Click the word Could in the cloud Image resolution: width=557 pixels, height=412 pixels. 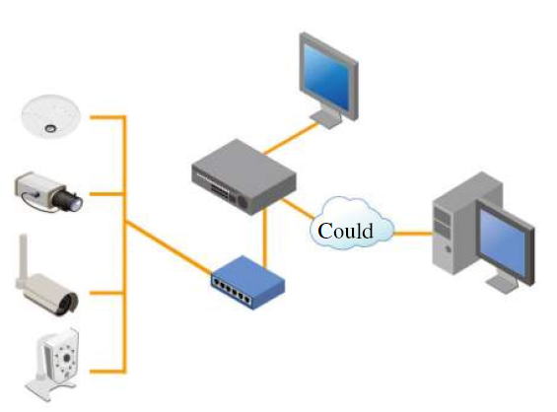click(x=345, y=231)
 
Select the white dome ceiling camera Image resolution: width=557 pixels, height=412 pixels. click(x=51, y=115)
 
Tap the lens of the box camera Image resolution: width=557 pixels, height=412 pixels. click(x=70, y=200)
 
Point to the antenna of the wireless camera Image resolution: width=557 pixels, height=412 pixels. click(x=23, y=259)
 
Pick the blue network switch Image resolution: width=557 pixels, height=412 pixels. click(x=248, y=282)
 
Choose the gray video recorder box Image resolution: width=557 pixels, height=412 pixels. click(x=244, y=176)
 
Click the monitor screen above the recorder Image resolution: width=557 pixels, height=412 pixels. click(x=325, y=76)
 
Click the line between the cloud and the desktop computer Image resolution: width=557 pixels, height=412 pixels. click(x=413, y=234)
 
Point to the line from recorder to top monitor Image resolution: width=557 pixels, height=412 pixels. click(x=291, y=139)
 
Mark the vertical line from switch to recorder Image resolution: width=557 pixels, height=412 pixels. click(x=264, y=238)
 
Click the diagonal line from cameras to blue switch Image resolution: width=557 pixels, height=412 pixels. click(x=169, y=248)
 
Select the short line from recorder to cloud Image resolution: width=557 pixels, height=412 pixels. click(x=299, y=209)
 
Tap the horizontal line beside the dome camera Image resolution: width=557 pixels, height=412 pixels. click(x=107, y=117)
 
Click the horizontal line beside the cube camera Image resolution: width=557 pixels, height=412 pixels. click(x=107, y=372)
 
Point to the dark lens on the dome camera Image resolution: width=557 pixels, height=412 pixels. click(x=50, y=128)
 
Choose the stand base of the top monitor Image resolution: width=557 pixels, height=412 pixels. click(x=326, y=118)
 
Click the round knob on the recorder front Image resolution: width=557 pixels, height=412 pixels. click(x=243, y=202)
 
